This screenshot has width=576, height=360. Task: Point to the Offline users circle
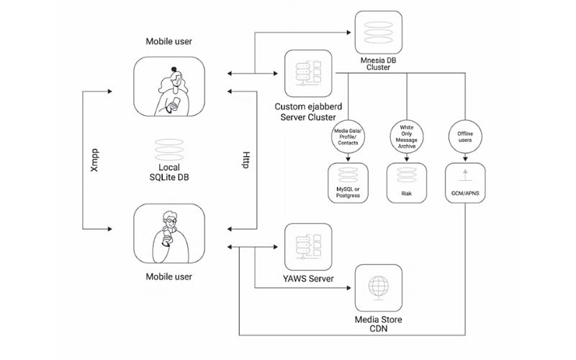coord(465,137)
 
